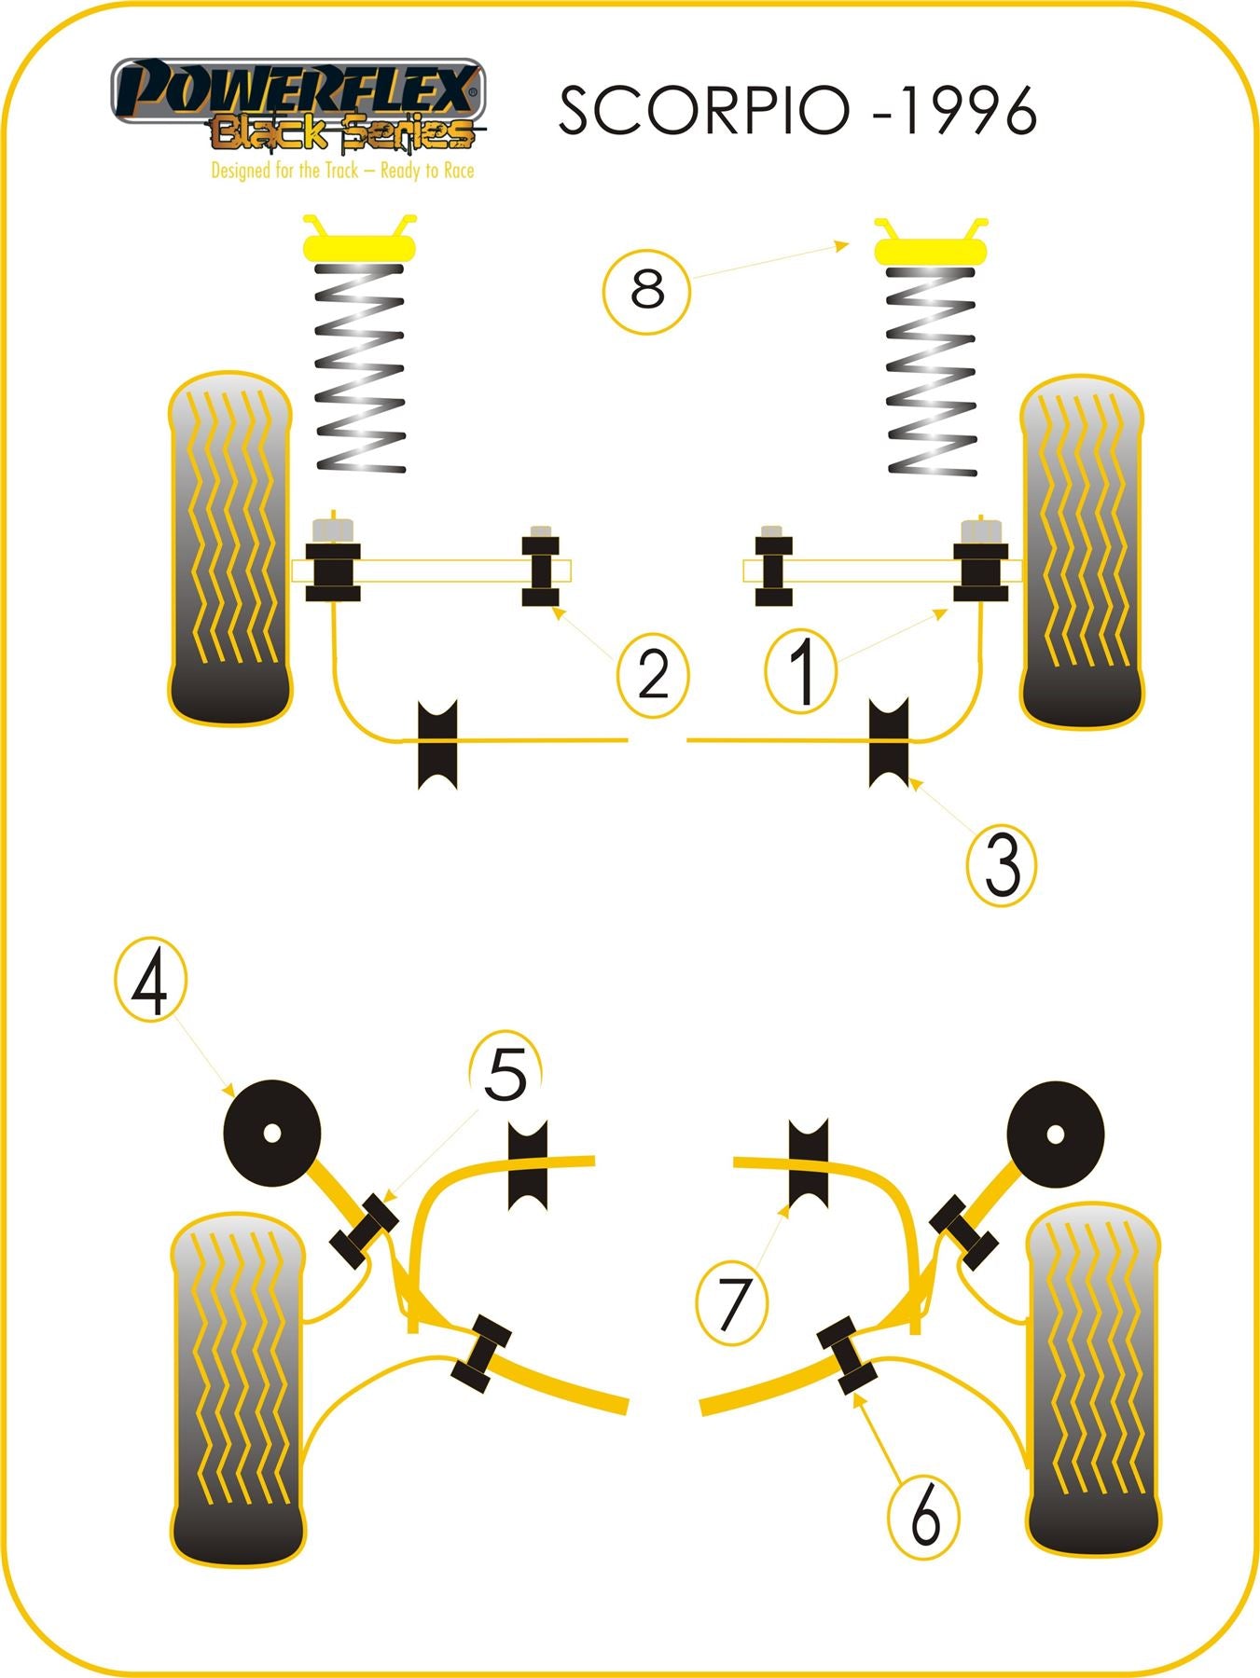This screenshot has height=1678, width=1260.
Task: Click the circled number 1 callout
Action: click(801, 670)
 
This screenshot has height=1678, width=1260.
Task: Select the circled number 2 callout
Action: click(653, 674)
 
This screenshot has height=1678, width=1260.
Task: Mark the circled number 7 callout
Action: click(732, 1301)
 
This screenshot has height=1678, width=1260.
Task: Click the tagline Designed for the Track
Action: click(342, 171)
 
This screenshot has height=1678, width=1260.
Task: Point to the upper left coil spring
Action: click(360, 368)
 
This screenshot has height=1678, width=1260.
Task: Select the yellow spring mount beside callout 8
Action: click(930, 249)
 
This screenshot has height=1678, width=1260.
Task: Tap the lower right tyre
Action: click(1093, 1380)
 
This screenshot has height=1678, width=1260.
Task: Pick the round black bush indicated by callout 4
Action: click(272, 1133)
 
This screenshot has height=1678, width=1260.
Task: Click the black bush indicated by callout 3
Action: click(889, 742)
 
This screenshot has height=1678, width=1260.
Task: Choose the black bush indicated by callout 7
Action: click(809, 1162)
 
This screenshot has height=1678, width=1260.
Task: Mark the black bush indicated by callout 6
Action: click(847, 1355)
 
